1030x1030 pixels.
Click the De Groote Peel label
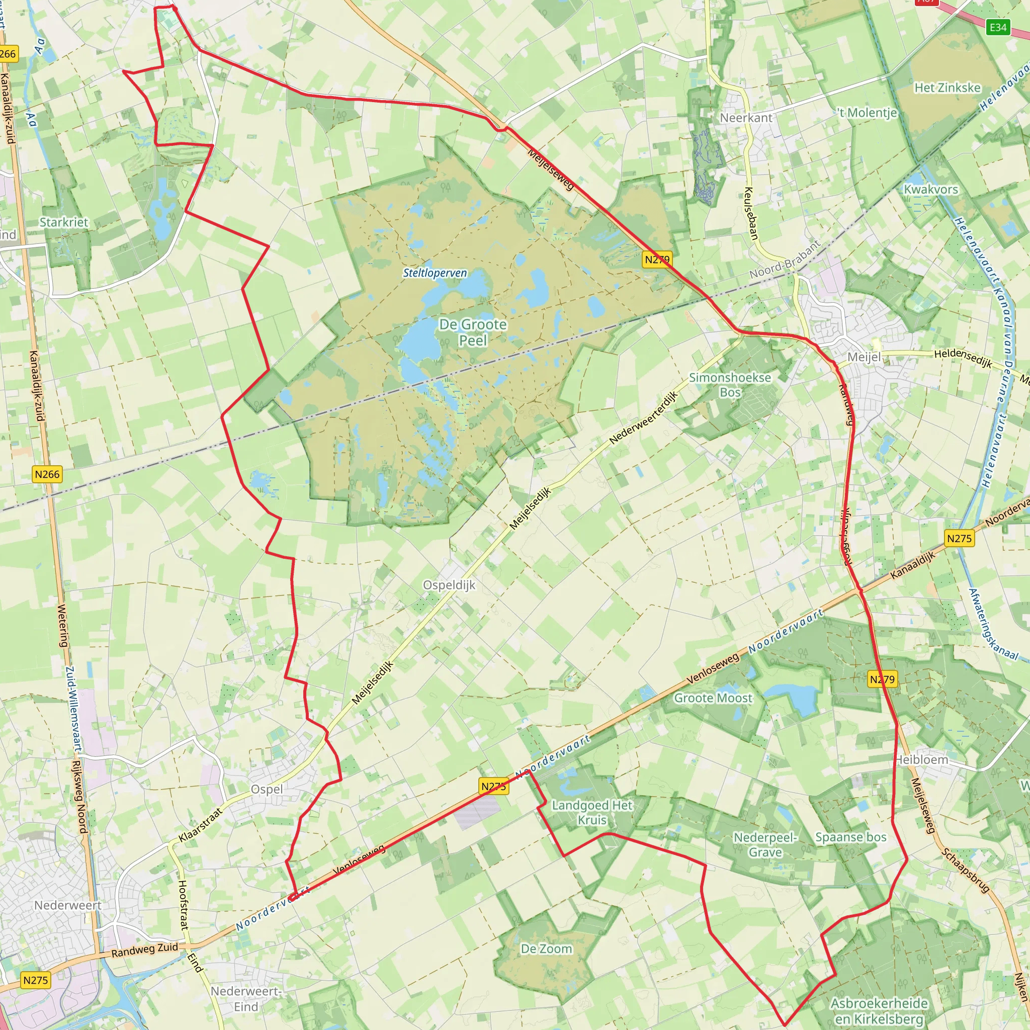coord(472,332)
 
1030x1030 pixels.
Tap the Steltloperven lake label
coord(435,273)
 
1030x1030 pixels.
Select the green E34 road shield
coord(998,27)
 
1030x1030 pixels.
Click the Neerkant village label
coord(746,118)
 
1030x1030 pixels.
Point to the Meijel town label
coord(864,357)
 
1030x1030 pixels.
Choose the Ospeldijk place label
coord(449,585)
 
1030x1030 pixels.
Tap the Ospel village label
coord(267,789)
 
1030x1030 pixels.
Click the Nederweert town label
coord(68,905)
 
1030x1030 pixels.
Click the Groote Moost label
coord(713,698)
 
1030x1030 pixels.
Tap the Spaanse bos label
coord(851,837)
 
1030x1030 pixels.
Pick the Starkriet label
coord(64,222)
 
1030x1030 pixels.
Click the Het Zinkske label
coord(948,88)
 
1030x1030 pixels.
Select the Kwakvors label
coord(931,189)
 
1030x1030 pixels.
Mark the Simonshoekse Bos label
coord(730,384)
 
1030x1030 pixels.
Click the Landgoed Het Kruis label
coord(592,813)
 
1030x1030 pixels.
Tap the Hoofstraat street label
coord(184,905)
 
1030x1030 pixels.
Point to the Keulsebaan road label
coord(751,213)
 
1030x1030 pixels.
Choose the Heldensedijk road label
coord(963,358)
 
